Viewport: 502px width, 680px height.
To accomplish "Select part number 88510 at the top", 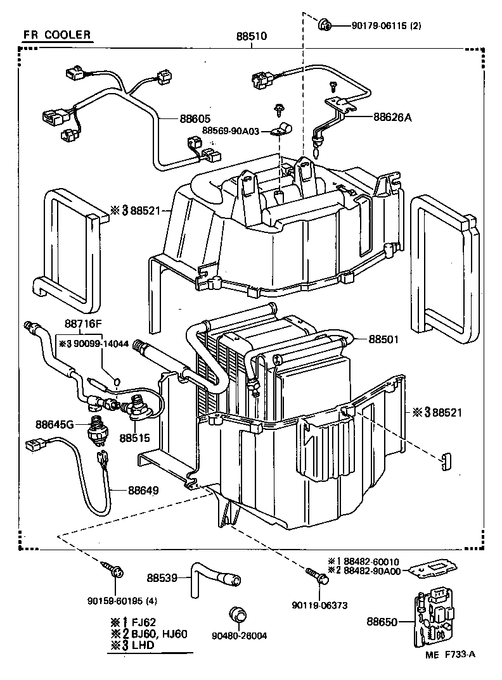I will (251, 37).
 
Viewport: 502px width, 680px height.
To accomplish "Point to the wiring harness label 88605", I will (195, 118).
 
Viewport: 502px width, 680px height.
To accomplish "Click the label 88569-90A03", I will (231, 130).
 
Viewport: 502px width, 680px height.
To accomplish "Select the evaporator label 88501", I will (385, 339).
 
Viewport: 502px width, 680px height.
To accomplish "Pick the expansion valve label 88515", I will (135, 438).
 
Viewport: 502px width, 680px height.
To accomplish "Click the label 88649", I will (143, 489).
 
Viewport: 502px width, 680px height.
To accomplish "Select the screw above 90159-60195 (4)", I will (115, 572).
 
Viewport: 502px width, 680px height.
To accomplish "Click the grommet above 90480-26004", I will (238, 614).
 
